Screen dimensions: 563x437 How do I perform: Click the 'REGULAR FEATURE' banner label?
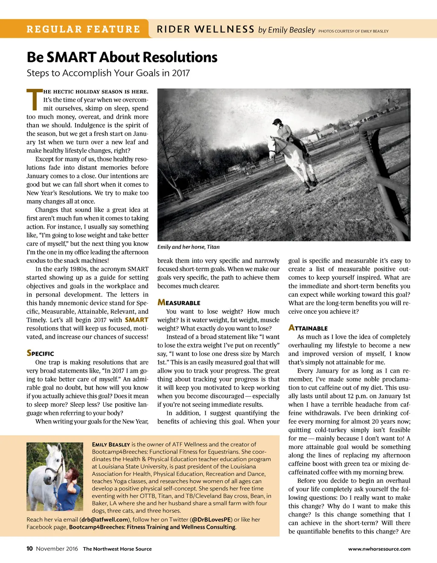click(83, 29)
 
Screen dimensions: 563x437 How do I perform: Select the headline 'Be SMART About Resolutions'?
click(122, 57)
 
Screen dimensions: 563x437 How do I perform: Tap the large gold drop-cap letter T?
click(34, 99)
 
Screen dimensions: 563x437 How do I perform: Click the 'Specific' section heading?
click(40, 353)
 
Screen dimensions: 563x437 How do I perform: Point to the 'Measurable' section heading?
click(179, 303)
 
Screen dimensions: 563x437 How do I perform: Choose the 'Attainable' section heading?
click(308, 328)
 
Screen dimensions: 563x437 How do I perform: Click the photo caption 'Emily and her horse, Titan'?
click(189, 247)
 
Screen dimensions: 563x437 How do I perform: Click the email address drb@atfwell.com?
click(105, 519)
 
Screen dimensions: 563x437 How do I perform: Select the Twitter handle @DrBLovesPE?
click(211, 519)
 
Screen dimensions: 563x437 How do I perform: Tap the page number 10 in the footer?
click(29, 548)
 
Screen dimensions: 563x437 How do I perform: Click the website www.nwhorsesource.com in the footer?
click(379, 549)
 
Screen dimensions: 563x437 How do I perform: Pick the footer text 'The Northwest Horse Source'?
click(117, 549)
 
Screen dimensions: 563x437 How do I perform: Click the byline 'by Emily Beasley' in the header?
click(286, 30)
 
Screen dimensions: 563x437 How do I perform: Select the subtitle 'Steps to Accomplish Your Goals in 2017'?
click(108, 73)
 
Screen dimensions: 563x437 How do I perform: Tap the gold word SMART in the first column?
click(137, 320)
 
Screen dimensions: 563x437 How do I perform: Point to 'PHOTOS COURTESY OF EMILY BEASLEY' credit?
click(353, 31)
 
